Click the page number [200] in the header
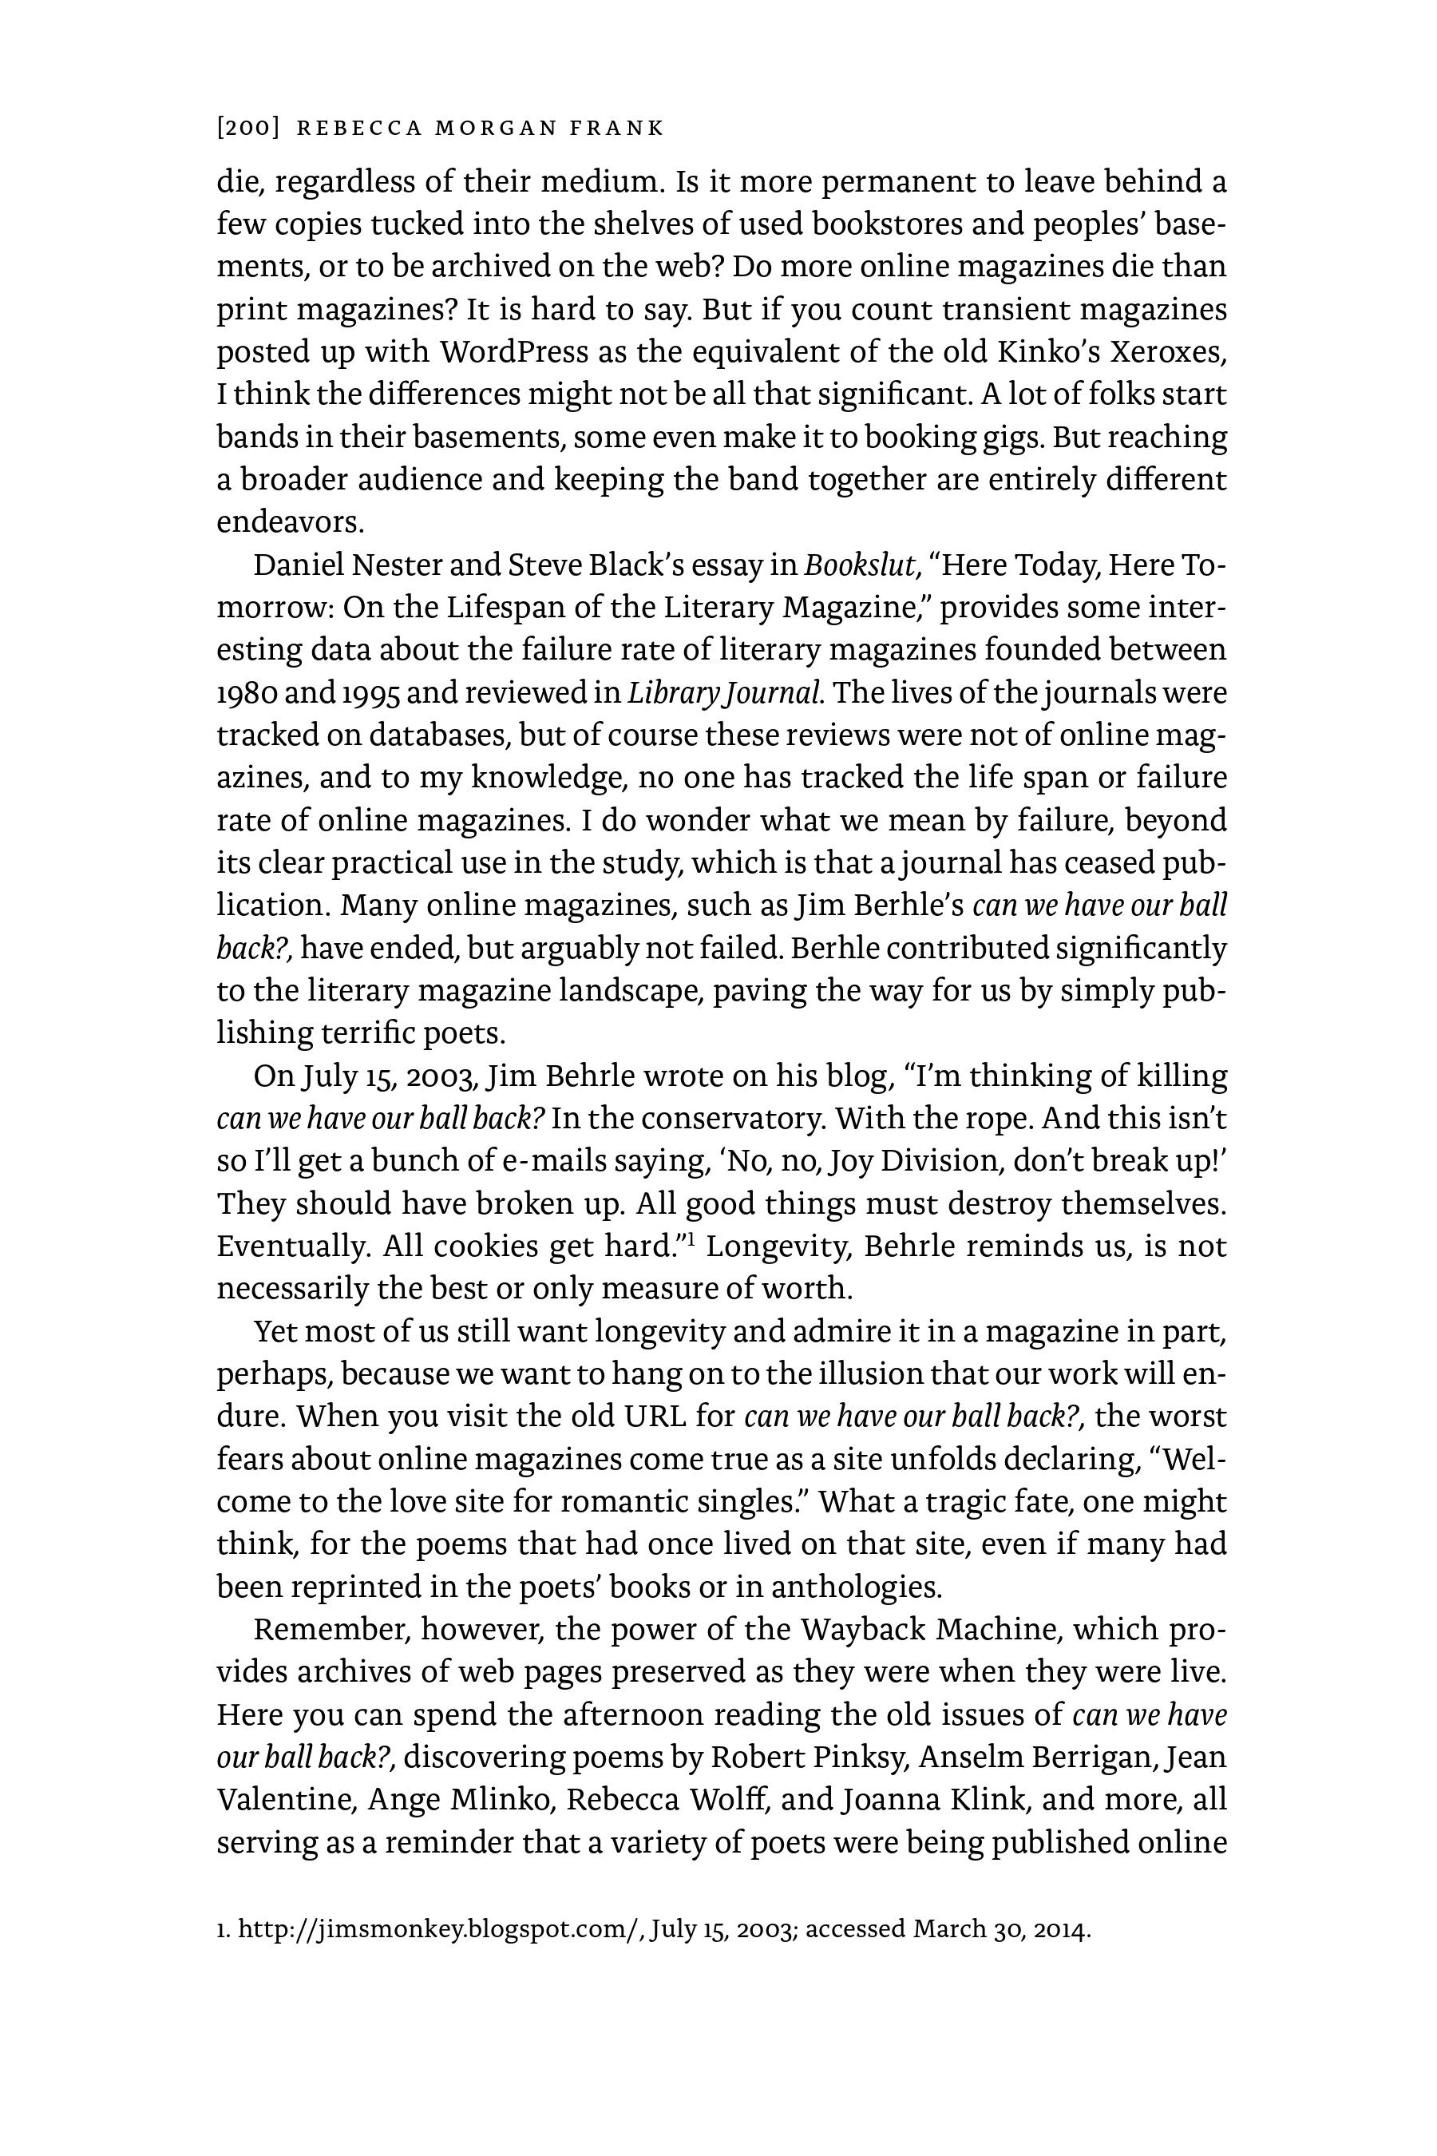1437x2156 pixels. pyautogui.click(x=247, y=129)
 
